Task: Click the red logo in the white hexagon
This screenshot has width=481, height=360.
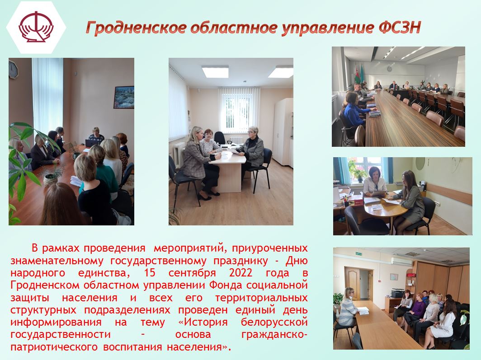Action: coord(36,27)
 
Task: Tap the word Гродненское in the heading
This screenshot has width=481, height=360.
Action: coord(136,28)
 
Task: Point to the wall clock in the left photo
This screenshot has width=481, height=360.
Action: coord(13,70)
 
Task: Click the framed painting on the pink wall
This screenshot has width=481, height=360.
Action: coord(124,97)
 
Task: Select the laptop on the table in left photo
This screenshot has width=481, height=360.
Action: coord(92,143)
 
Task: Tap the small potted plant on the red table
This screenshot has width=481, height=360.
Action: coord(51,178)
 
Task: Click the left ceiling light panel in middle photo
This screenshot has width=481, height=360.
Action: coord(215,72)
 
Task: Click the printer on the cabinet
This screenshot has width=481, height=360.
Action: coord(398,293)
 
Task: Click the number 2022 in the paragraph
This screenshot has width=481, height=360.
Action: coord(240,272)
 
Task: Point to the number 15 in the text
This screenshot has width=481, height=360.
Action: coord(150,272)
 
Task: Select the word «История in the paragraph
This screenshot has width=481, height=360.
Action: coord(203,322)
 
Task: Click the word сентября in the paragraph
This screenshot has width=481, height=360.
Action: coord(192,273)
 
